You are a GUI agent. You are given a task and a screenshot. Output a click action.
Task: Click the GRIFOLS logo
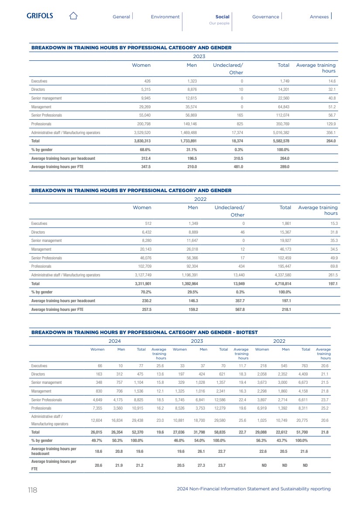40,16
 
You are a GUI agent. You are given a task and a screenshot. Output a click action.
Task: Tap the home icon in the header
73,16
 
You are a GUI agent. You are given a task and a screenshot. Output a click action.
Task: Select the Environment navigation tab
165,17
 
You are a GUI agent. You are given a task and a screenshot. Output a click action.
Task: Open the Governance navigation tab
265,17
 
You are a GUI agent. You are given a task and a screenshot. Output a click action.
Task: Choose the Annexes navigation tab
319,17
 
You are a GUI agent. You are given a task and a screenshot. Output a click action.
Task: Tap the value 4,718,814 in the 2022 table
279,283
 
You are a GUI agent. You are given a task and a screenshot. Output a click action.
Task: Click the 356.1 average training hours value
330,132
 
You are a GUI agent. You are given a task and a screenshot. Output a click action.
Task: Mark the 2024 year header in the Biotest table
114,341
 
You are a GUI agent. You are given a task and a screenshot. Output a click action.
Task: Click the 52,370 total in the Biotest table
138,432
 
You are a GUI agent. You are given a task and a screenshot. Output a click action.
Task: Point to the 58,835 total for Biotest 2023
221,432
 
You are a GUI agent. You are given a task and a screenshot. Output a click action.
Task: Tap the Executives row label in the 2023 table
39,81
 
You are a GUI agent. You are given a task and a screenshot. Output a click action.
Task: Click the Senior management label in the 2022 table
46,241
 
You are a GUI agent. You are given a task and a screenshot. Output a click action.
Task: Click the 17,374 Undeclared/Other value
236,132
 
